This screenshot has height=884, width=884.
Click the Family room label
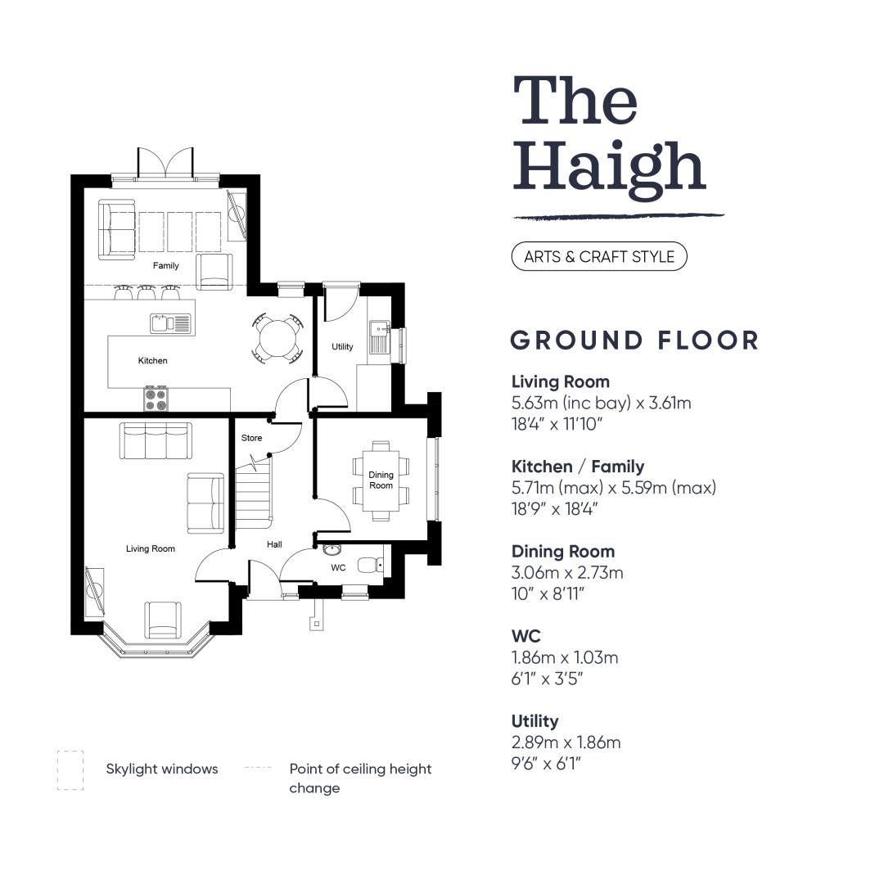[165, 265]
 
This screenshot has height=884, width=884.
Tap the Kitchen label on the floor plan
[153, 361]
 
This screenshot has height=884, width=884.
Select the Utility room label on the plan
[342, 347]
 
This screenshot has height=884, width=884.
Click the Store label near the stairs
[251, 438]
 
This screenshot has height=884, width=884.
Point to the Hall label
[274, 544]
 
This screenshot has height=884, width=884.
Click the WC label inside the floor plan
[338, 568]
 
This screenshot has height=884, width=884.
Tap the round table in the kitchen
[277, 338]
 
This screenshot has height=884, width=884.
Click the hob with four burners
[156, 399]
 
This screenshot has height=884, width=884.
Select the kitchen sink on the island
[171, 323]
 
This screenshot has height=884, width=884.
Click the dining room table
[381, 480]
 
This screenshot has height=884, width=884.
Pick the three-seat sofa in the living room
[156, 440]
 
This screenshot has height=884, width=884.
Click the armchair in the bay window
[163, 620]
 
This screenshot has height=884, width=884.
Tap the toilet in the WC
[371, 564]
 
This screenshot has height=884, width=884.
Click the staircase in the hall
[253, 492]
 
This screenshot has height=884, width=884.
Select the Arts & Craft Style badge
[599, 256]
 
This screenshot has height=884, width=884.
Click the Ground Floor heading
[635, 341]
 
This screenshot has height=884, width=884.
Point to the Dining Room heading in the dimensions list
[563, 552]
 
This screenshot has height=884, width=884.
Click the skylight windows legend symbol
[70, 770]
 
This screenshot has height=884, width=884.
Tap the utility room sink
[379, 336]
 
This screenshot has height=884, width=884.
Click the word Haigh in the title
[610, 168]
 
